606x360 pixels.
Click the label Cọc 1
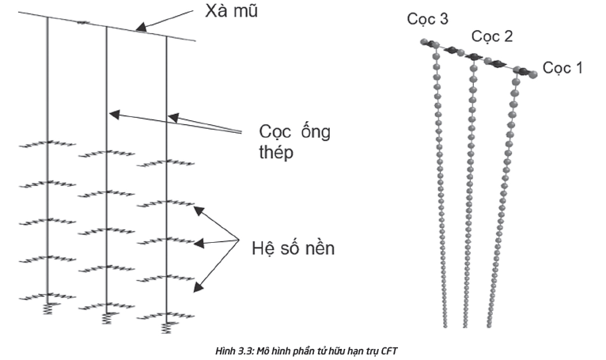pyautogui.click(x=562, y=68)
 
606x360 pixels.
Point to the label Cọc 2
pyautogui.click(x=492, y=36)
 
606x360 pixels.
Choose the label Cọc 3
pyautogui.click(x=428, y=19)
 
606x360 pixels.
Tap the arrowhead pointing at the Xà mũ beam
pyautogui.click(x=139, y=29)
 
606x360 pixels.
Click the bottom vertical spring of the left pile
pyautogui.click(x=47, y=301)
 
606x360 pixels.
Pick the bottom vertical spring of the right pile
pyautogui.click(x=166, y=324)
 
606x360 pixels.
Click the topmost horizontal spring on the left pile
pyautogui.click(x=47, y=144)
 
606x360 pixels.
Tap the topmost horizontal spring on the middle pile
pyautogui.click(x=107, y=154)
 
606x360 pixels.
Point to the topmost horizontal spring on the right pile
pyautogui.click(x=166, y=165)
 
